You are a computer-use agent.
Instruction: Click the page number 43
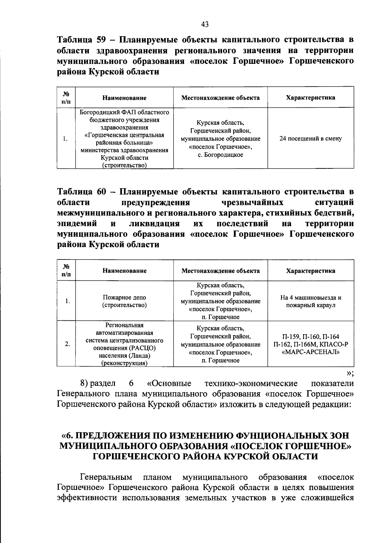pos(205,24)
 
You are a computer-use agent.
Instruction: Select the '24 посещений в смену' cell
pos(311,139)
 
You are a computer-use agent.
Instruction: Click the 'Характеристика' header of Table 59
pos(311,98)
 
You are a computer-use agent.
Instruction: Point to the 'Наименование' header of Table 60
pos(124,271)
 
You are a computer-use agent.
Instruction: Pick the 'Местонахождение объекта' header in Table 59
pos(220,98)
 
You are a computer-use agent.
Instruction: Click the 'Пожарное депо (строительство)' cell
pos(124,301)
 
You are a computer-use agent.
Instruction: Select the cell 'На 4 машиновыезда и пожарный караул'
pos(311,301)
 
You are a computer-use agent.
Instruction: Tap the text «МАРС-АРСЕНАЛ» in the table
pos(311,352)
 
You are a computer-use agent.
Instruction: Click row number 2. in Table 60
pos(67,344)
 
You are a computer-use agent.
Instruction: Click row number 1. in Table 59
pos(65,139)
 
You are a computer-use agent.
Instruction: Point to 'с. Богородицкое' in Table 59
pos(220,155)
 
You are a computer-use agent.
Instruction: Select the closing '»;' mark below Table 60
pos(350,373)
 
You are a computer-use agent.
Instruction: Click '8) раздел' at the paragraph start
pos(98,384)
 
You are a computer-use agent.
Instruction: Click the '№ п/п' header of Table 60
pos(66,271)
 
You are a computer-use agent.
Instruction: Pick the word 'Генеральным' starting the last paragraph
pos(106,477)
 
